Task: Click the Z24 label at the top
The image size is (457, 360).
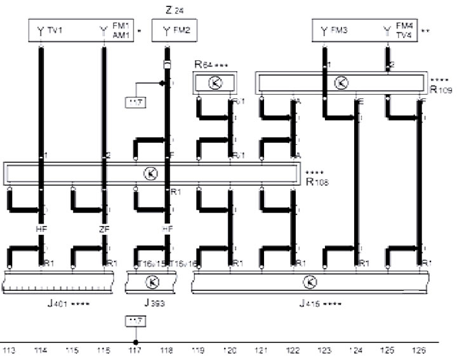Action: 171,10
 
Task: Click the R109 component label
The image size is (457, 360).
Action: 440,90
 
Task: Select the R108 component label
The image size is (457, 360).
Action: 315,181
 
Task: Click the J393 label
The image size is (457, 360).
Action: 155,303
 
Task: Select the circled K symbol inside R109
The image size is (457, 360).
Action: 341,82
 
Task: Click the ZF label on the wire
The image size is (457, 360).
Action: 104,228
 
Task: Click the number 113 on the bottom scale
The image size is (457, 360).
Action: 9,350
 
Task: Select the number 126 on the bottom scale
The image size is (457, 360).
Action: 418,350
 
